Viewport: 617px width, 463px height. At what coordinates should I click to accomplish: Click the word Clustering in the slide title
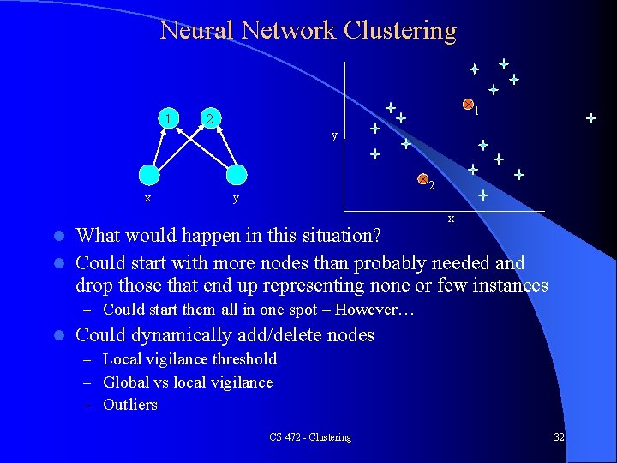[400, 31]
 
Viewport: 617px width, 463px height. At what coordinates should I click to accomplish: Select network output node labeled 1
[171, 117]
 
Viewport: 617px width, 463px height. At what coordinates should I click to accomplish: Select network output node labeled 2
[211, 117]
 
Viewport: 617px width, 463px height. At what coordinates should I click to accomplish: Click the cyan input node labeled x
[149, 174]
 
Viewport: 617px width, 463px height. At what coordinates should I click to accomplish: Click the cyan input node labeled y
[236, 174]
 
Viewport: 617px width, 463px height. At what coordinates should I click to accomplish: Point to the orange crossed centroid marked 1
[468, 105]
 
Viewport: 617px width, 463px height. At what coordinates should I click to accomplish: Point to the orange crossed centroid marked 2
[422, 179]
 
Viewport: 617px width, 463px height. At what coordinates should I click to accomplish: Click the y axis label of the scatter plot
[334, 135]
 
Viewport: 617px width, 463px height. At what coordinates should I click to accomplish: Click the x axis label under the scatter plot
[451, 219]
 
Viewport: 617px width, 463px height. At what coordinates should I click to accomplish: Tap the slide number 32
[559, 437]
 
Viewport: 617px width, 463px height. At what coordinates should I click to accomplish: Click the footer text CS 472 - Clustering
[309, 437]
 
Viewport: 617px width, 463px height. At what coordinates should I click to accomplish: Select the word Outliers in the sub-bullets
[130, 405]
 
